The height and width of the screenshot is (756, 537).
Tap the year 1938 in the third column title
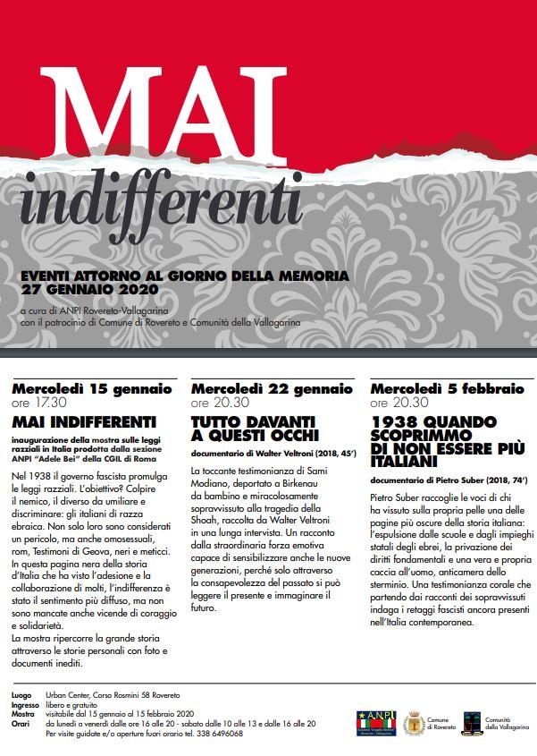(x=395, y=420)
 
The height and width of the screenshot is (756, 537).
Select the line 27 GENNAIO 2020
(x=89, y=291)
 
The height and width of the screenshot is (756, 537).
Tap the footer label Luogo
(x=21, y=694)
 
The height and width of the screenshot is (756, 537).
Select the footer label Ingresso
(x=25, y=704)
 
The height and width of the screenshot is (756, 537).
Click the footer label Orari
(x=21, y=724)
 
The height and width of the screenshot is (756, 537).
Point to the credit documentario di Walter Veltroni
(x=273, y=454)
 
